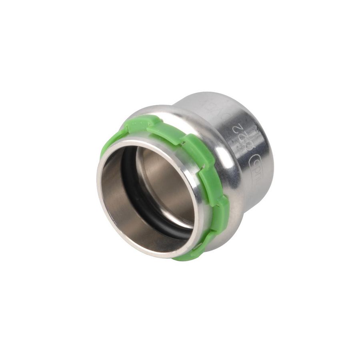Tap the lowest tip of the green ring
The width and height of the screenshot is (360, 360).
180,258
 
